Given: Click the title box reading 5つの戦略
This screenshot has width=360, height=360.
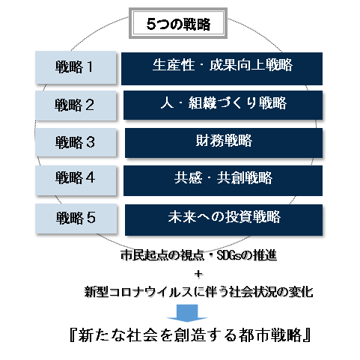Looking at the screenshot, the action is coord(178,23).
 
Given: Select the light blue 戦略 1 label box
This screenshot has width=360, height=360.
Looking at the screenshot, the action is coord(76,67).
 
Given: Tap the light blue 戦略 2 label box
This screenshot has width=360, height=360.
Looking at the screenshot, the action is coord(76,106).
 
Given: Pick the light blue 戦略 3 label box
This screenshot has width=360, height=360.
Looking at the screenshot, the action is coord(76,142).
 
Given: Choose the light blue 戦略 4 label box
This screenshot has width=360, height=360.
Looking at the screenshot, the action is coord(76,180).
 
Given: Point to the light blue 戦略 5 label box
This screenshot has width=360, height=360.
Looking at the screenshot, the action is coord(76,219).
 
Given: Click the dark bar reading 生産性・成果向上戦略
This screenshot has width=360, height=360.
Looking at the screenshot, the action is coord(222,69).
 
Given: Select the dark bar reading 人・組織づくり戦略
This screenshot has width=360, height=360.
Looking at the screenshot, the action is coord(223,105).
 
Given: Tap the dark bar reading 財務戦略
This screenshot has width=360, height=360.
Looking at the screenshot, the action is coord(224,143).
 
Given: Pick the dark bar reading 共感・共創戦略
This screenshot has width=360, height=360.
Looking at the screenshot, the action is coord(223,180).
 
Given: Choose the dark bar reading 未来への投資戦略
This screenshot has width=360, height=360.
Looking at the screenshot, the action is coord(224,220).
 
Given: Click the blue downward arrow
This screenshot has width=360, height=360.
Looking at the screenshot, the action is coord(187,313).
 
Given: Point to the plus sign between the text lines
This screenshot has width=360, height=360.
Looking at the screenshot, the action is coord(198,274).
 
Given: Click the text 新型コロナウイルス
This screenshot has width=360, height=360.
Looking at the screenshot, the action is coord(141,292).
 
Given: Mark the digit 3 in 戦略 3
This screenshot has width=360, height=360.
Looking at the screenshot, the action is coord(90,142).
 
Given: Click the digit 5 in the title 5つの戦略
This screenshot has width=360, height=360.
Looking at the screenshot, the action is coord(151,24).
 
